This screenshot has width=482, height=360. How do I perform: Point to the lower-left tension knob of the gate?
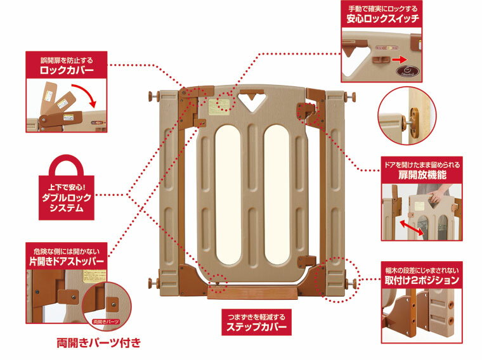(x=152, y=283)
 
